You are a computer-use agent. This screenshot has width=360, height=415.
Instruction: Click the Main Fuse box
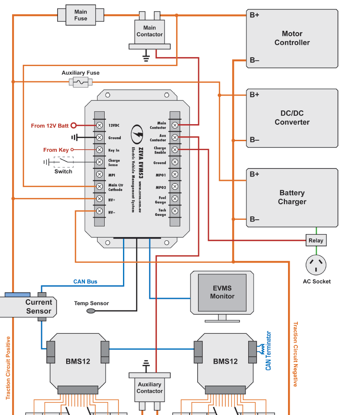80,15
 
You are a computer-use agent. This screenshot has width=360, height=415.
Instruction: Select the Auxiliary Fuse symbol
81,82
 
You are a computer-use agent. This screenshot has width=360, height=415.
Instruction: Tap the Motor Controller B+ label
254,15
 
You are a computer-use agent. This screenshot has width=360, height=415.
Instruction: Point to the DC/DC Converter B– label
254,140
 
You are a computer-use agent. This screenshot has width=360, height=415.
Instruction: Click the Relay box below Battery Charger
316,240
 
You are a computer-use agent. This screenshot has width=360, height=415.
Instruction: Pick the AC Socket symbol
316,265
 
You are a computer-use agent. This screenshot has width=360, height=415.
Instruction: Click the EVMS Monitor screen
222,293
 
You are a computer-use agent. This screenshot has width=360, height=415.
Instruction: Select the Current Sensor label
38,306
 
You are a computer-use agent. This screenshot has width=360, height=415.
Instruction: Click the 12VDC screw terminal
99,126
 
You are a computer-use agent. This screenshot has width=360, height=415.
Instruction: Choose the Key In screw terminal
99,150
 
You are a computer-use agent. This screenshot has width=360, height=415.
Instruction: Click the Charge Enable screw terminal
175,150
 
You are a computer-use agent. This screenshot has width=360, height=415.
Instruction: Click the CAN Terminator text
268,351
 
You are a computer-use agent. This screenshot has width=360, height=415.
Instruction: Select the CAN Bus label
85,282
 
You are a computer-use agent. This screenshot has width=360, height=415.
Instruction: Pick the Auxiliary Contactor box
149,388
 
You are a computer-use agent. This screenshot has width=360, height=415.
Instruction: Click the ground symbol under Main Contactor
145,56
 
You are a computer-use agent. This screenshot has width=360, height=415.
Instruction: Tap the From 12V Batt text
50,126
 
